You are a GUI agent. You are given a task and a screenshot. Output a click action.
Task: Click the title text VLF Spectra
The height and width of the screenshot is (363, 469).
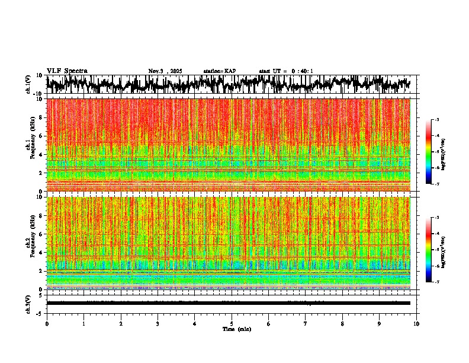coord(67,71)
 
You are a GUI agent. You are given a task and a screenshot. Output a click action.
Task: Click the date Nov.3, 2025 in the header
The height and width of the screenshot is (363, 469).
coord(165,71)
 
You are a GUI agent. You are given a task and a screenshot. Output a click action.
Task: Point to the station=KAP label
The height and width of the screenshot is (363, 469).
coord(220,71)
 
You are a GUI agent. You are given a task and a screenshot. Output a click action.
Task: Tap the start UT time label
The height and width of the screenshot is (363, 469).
coord(286,71)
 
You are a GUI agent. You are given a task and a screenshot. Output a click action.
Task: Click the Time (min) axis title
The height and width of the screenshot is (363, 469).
coord(236,329)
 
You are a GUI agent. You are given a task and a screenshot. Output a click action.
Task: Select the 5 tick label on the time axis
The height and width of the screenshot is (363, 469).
coord(232,323)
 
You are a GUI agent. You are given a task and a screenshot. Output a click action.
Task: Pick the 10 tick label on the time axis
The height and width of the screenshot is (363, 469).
coord(416,323)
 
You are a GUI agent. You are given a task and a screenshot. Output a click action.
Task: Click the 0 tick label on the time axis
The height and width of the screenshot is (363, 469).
coord(47,323)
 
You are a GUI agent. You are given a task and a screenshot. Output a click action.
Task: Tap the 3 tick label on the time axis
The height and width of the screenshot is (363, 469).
coord(158,323)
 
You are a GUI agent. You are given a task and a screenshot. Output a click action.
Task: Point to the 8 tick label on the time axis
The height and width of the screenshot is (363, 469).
coord(342,323)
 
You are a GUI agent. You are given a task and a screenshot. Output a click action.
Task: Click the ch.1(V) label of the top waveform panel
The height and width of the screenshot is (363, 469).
coord(28,85)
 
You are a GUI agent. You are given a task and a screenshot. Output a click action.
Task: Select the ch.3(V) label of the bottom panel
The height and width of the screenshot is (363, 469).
coord(28,303)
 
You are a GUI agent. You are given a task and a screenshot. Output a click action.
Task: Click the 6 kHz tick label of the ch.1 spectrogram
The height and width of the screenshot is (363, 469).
coord(40,136)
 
